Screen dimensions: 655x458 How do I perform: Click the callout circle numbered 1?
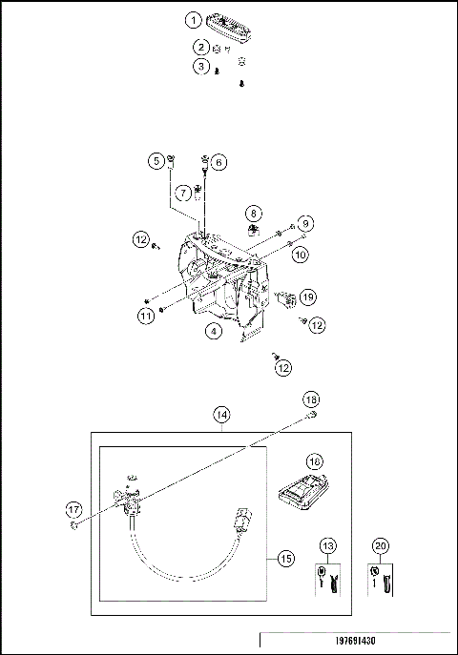click(194, 19)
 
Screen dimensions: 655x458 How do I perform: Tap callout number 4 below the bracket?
click(214, 331)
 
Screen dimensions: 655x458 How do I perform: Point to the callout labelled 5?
click(156, 162)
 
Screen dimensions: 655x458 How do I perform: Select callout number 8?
click(254, 214)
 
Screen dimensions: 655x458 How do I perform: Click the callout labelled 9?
click(305, 223)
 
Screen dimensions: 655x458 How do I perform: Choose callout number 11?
click(145, 315)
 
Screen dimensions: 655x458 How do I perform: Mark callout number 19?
click(307, 297)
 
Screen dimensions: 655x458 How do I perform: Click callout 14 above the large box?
click(221, 415)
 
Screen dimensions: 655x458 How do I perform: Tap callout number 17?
click(75, 509)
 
